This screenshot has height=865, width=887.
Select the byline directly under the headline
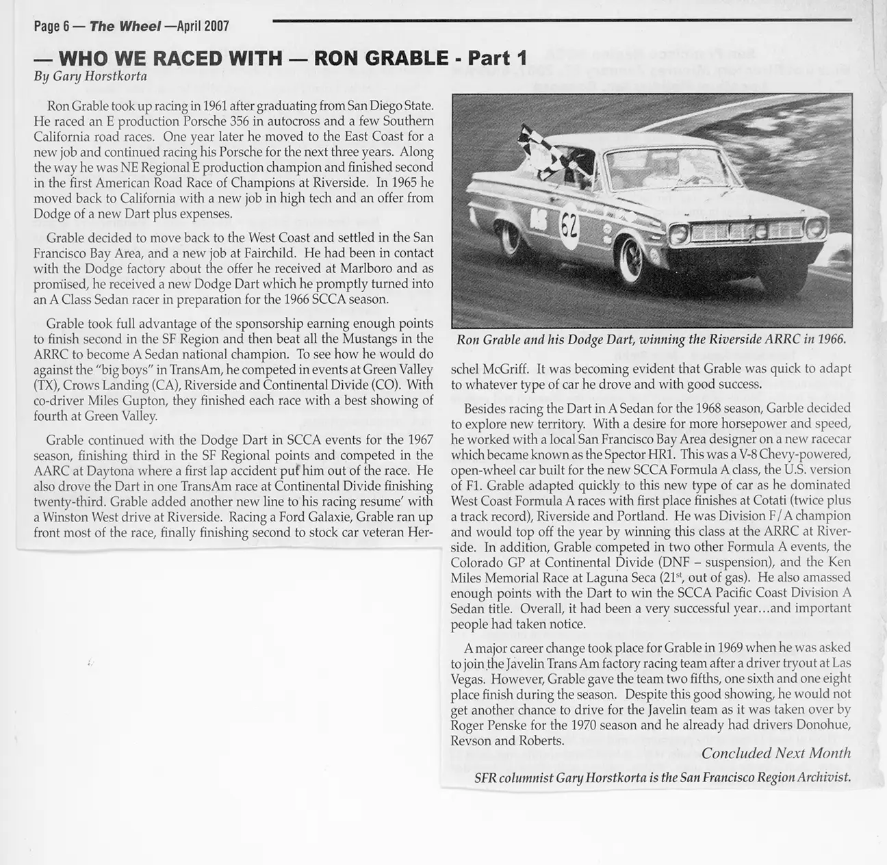pyautogui.click(x=90, y=76)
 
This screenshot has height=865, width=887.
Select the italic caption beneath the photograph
pyautogui.click(x=652, y=339)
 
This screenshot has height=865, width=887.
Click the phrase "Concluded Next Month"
pyautogui.click(x=776, y=753)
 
